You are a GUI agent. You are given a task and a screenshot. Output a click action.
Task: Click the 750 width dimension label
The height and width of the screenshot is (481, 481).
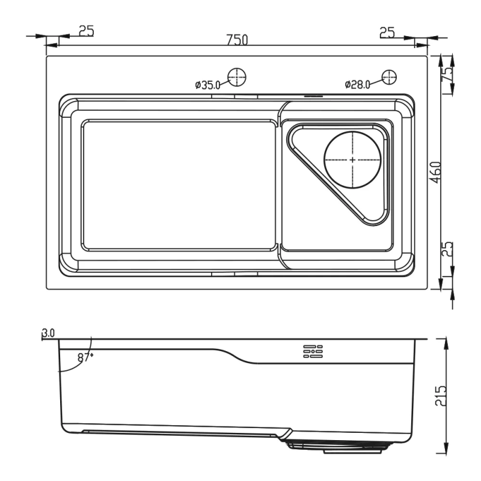click(x=237, y=40)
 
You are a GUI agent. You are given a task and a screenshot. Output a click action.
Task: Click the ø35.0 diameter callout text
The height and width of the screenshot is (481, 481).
click(x=209, y=85)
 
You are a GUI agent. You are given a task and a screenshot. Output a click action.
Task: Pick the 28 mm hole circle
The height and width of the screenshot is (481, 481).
click(x=388, y=77)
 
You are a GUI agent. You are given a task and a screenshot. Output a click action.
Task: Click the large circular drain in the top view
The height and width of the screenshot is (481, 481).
click(x=353, y=160)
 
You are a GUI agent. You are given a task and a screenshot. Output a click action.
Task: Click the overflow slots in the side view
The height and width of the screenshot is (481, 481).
click(x=313, y=352)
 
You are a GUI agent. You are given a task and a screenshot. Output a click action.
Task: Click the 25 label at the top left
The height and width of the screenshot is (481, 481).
click(x=86, y=31)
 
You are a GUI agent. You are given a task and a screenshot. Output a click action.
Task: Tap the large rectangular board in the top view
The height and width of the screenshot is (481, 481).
click(x=179, y=185)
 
